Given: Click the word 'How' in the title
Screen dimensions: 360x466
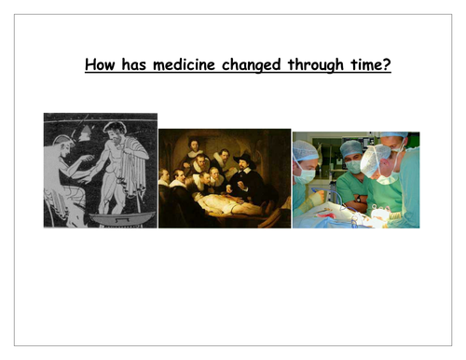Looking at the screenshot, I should pos(101,67).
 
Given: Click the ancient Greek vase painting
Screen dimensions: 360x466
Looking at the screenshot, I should pos(100,170).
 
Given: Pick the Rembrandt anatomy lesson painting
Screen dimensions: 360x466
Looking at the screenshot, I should pos(225,178).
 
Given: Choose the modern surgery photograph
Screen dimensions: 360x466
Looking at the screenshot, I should pos(355,180).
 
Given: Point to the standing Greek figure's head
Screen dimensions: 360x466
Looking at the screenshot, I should pos(116,131).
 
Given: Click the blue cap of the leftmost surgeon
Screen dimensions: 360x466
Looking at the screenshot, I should pos(306,149).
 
